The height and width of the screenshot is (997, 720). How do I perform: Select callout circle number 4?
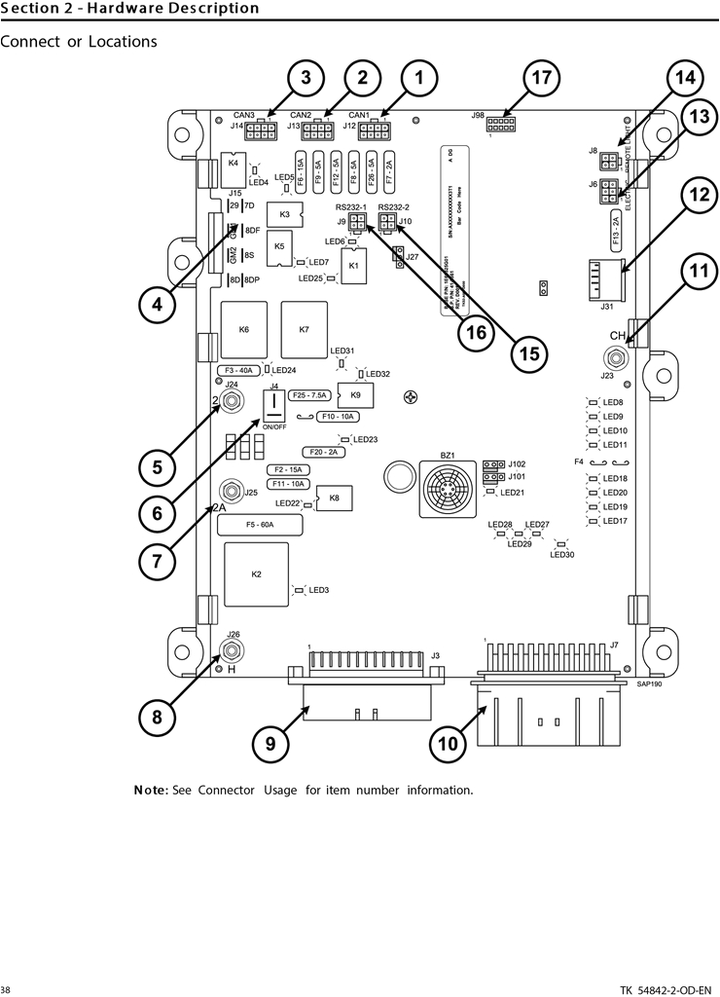point(157,305)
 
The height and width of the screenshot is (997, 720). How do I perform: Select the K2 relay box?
point(257,574)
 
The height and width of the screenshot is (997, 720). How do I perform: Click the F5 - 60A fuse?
point(260,525)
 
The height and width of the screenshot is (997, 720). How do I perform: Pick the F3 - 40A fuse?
point(239,371)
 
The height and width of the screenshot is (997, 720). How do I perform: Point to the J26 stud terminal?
point(233,648)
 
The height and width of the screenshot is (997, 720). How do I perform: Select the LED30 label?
point(562,555)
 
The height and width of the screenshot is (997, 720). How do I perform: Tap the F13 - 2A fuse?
point(617,220)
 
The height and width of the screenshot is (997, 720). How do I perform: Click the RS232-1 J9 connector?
point(357,223)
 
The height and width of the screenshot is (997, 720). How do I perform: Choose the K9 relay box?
point(354,395)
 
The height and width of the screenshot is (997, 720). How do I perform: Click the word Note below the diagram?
point(151,790)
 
